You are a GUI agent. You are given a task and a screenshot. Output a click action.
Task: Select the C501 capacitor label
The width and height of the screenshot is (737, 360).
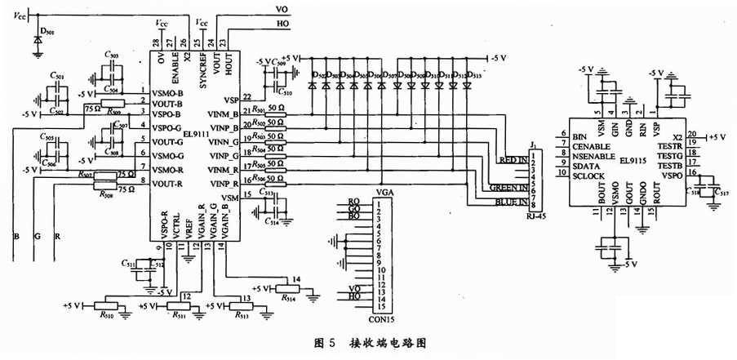56,76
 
